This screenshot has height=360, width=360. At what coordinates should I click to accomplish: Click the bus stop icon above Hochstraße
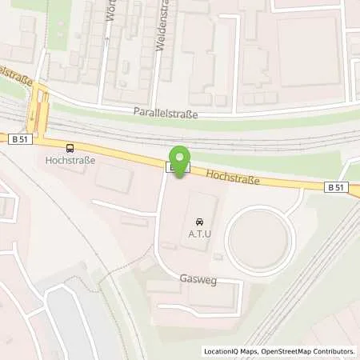[70, 147]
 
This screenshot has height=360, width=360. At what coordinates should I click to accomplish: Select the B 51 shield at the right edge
[338, 187]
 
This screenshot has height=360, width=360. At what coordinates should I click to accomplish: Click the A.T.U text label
[198, 234]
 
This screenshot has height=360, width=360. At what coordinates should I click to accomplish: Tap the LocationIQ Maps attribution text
[229, 351]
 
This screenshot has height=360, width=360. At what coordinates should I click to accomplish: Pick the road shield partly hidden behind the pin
[172, 167]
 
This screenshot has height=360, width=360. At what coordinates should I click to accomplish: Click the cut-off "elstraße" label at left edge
[18, 73]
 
